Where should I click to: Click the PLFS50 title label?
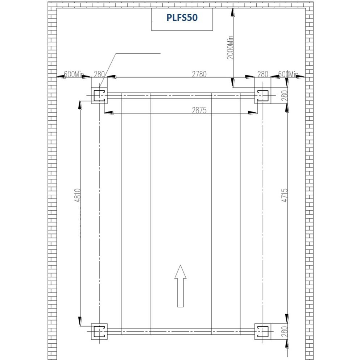(x=182, y=18)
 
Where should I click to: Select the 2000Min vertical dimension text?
(x=230, y=48)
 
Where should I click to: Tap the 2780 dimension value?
(x=199, y=74)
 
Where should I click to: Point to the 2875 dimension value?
(x=199, y=111)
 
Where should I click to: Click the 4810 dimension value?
(x=78, y=195)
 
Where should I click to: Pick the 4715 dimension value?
(x=285, y=195)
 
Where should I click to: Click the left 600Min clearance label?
(x=74, y=74)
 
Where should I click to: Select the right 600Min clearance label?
(x=288, y=74)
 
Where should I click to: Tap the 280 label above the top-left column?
(x=99, y=74)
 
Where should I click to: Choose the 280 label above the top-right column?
(x=262, y=74)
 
